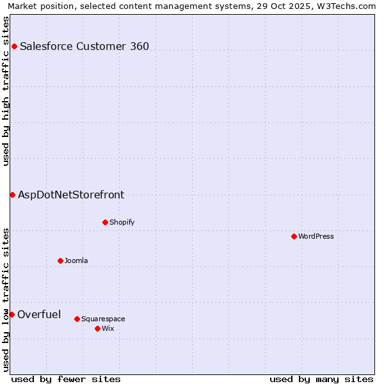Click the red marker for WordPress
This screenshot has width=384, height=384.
[294, 236]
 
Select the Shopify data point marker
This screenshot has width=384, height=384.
[105, 222]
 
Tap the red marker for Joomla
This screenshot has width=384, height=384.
[60, 260]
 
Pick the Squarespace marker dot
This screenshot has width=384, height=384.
[77, 319]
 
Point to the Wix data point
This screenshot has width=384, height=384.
[97, 328]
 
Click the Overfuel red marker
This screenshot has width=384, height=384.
[12, 314]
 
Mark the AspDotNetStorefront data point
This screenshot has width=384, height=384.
[12, 195]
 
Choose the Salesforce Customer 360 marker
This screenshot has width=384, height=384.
[14, 46]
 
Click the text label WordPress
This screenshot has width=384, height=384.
[316, 236]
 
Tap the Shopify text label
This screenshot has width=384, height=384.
[122, 222]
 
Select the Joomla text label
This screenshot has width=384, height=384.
[76, 260]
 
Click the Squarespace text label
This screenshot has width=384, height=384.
[103, 319]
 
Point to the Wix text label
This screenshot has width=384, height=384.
[108, 328]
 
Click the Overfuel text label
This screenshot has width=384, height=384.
[39, 314]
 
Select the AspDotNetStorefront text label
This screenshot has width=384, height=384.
[71, 195]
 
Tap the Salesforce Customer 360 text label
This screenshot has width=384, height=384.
[84, 46]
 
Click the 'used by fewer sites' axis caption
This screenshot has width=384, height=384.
[66, 379]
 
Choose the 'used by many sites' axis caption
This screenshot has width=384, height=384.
[321, 379]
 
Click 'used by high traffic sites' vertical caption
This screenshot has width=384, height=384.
[6, 91]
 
